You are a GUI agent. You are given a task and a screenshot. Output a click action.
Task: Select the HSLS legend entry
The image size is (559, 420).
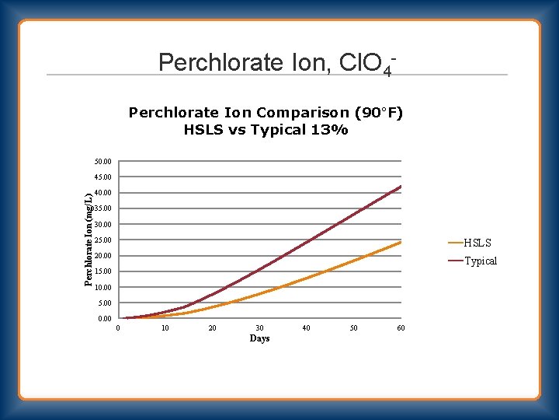click(477, 243)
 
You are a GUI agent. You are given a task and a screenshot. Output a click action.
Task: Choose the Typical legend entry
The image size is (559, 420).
click(480, 261)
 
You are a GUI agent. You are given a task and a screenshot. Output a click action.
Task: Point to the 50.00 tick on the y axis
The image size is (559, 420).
click(102, 161)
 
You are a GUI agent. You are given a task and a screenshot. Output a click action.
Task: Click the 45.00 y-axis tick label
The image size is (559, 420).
click(102, 177)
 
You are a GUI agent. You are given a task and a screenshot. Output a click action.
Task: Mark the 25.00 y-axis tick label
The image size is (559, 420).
click(102, 240)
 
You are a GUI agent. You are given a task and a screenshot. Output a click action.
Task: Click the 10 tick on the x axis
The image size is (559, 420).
click(165, 328)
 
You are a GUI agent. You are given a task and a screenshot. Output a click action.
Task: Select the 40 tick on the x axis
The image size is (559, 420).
click(306, 328)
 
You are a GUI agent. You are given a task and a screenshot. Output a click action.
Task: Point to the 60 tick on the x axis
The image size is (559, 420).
click(401, 328)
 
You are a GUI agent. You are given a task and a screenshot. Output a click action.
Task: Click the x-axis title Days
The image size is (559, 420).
click(259, 338)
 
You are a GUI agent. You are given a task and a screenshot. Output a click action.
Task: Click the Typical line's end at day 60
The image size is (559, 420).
click(401, 187)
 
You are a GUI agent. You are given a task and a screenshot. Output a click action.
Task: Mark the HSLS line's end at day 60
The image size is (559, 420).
click(401, 242)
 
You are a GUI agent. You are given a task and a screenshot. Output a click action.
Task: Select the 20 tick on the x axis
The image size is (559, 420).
click(212, 328)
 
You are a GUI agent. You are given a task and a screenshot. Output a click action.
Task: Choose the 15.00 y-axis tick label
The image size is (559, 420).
click(102, 271)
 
